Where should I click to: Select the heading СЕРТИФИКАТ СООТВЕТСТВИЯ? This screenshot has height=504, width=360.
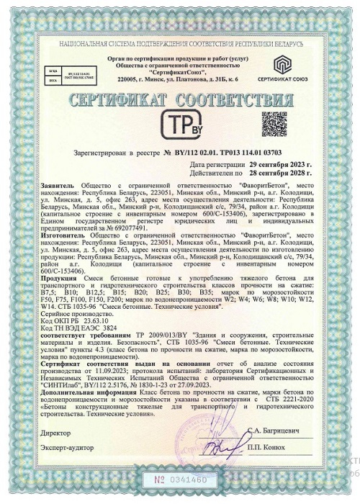[179, 98]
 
